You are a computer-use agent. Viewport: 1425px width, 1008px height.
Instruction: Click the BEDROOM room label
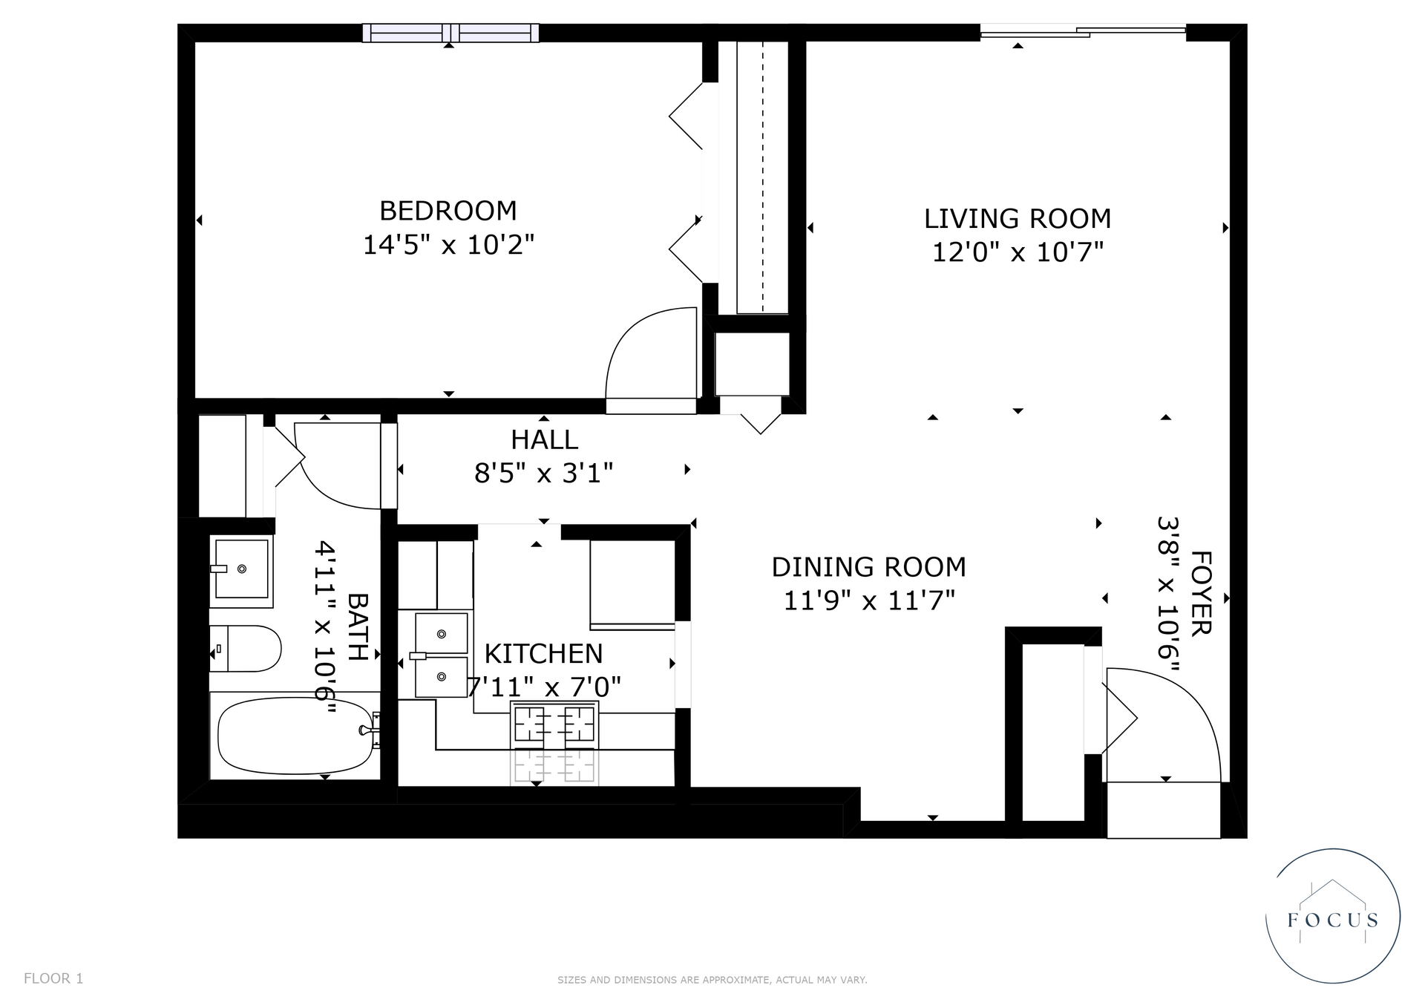point(448,211)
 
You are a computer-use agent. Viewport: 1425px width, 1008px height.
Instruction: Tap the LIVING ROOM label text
point(1018,219)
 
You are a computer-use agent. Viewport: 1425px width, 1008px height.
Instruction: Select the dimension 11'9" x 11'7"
point(869,600)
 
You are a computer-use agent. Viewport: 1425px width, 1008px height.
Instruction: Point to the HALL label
point(544,439)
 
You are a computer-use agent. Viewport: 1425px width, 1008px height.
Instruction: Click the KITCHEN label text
point(543,654)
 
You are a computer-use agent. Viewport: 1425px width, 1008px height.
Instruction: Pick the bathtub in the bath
point(295,735)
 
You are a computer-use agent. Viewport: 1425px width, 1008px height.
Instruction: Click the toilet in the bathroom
point(245,648)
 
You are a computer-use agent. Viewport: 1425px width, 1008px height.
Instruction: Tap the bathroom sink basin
point(241,569)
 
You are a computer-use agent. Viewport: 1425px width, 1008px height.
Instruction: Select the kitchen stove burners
point(554,723)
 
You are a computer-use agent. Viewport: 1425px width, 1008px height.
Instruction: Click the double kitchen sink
point(442,655)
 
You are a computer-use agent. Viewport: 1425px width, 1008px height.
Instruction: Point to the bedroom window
point(451,33)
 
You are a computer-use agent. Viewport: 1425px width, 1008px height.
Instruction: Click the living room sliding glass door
point(1084,32)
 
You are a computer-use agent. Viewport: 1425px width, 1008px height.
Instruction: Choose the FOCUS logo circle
point(1333,916)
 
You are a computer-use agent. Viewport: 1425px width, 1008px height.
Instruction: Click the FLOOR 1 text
point(53,978)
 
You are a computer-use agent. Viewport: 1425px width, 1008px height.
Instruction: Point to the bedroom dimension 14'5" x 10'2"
point(448,244)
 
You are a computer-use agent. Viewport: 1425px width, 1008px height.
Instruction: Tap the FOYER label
point(1200,593)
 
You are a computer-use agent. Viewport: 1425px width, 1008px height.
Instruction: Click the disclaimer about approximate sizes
point(712,980)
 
